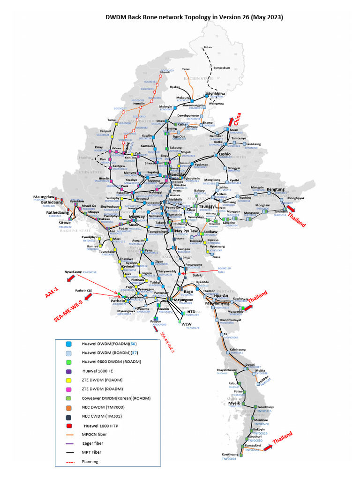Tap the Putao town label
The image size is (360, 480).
coord(207,47)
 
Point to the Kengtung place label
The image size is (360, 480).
coord(276,189)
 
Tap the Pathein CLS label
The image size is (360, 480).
coord(86,291)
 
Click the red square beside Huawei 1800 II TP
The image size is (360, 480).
coord(68,426)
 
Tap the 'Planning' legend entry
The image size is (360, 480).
coord(91,461)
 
